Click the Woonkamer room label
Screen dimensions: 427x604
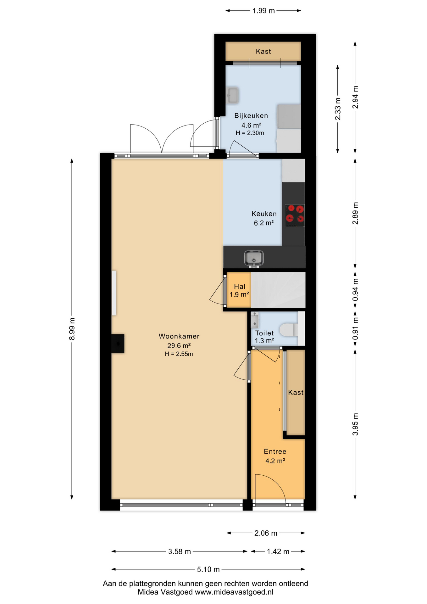click(179, 336)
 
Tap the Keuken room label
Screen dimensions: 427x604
click(264, 214)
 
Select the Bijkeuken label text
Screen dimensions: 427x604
click(251, 116)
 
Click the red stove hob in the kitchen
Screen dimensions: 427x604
click(295, 216)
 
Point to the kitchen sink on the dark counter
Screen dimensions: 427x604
click(254, 259)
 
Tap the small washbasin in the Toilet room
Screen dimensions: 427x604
click(255, 320)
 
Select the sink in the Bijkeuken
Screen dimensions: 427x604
click(233, 95)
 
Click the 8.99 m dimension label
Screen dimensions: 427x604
click(72, 329)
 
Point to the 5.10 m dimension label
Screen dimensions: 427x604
click(208, 569)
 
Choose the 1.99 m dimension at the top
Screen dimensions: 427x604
click(263, 11)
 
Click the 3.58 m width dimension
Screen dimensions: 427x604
click(180, 551)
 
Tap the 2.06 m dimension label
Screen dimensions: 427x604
click(266, 533)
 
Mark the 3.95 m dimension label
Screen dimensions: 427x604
click(355, 424)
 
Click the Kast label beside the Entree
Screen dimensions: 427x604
click(296, 392)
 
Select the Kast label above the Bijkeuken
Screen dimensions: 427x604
click(263, 51)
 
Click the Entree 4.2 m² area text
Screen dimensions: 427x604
click(275, 461)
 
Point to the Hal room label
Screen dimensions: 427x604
click(240, 286)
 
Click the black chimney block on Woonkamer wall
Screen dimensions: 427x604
click(118, 344)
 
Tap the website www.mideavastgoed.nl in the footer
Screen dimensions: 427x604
click(234, 592)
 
